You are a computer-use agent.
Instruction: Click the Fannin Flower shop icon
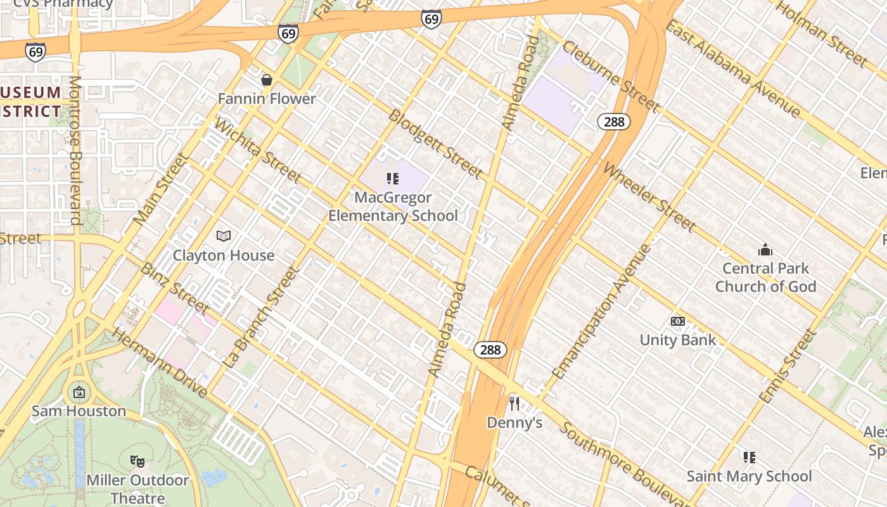pyautogui.click(x=267, y=80)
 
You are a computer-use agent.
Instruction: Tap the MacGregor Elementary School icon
pyautogui.click(x=393, y=179)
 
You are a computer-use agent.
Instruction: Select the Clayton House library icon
pyautogui.click(x=223, y=236)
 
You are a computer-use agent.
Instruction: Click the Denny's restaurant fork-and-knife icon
pyautogui.click(x=514, y=403)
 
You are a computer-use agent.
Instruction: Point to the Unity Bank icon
pyautogui.click(x=678, y=321)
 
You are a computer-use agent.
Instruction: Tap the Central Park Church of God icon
pyautogui.click(x=765, y=250)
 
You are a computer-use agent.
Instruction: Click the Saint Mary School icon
pyautogui.click(x=749, y=457)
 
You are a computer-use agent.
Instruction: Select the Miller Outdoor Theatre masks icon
pyautogui.click(x=137, y=461)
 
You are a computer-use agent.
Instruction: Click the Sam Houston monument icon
pyautogui.click(x=79, y=393)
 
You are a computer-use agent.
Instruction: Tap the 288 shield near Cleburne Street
pyautogui.click(x=614, y=121)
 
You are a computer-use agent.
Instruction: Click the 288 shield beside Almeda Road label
pyautogui.click(x=490, y=349)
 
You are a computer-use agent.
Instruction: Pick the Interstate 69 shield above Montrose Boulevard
pyautogui.click(x=35, y=51)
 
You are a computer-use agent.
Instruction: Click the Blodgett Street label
pyautogui.click(x=435, y=144)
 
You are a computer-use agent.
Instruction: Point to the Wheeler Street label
pyautogui.click(x=649, y=197)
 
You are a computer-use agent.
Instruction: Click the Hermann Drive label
pyautogui.click(x=160, y=363)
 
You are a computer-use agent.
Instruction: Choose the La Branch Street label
pyautogui.click(x=260, y=317)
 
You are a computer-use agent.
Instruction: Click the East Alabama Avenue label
pyautogui.click(x=733, y=68)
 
